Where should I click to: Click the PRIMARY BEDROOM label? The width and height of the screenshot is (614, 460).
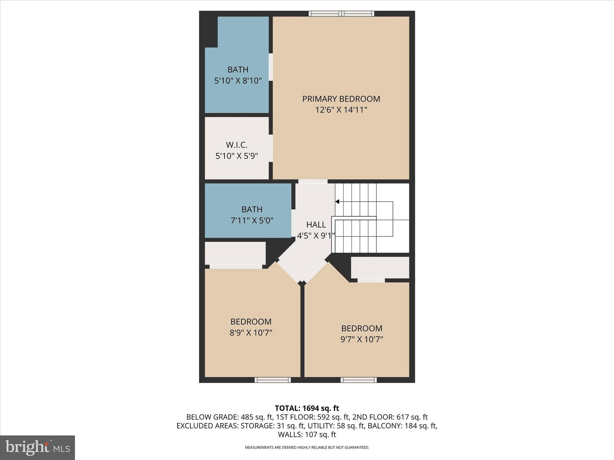[x=341, y=99]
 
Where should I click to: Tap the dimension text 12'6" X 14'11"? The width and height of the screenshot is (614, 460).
[x=341, y=110]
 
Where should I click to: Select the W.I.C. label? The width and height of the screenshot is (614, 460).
[x=237, y=145]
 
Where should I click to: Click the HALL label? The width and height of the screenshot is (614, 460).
[x=316, y=225]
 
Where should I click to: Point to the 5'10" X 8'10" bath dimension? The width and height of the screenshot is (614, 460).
[x=238, y=81]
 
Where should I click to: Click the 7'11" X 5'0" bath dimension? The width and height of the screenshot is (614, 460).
[x=252, y=221]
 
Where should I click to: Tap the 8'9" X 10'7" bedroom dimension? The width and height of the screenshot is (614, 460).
[x=251, y=333]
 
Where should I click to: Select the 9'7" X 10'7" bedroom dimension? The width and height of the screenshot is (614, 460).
[x=362, y=339]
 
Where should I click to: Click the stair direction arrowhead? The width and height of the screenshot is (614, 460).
[x=337, y=202]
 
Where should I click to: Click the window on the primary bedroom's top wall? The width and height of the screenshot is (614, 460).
[x=341, y=13]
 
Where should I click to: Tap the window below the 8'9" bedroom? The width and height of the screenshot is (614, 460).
[x=273, y=380]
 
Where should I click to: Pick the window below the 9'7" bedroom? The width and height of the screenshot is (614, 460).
[x=358, y=380]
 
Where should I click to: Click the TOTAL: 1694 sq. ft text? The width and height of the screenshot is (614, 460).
[x=307, y=408]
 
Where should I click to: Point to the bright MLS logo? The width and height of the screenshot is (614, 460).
[x=37, y=447]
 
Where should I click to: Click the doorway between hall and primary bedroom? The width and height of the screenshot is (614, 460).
[x=313, y=181]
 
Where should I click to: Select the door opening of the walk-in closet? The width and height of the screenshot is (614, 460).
[x=271, y=148]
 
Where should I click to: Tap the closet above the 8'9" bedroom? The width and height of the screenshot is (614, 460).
[x=235, y=253]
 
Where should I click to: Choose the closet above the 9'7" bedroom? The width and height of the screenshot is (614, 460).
[x=380, y=267]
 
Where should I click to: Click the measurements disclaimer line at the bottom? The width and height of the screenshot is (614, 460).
[x=307, y=447]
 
